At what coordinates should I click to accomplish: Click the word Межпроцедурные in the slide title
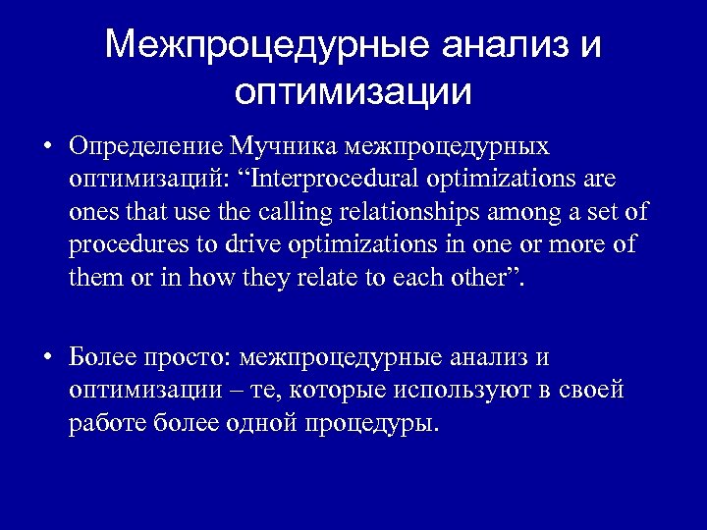pos(264,45)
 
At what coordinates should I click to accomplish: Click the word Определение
pos(145,147)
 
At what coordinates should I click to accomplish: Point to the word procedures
pos(125,244)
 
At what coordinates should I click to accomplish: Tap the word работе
pos(108,423)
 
